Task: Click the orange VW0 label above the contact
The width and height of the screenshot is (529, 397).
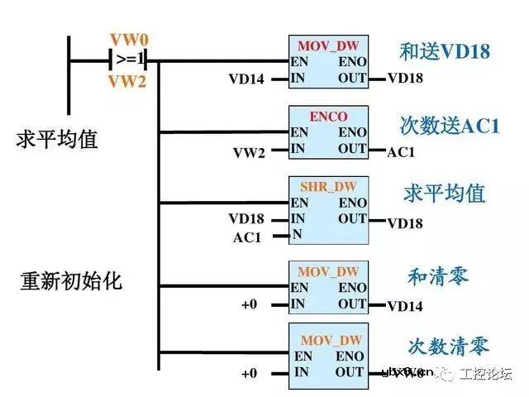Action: coord(128,40)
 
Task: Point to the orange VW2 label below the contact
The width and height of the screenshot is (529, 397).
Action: coord(128,81)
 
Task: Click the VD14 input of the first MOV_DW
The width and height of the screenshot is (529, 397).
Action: coord(246,79)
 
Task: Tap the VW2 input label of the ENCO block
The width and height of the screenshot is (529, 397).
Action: coord(248,151)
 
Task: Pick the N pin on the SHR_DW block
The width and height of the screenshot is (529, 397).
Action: coord(297,235)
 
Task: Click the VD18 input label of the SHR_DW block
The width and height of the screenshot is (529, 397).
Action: coord(246,219)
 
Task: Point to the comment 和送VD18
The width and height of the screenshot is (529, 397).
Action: coord(445,52)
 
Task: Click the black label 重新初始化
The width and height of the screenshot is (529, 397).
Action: coord(71,280)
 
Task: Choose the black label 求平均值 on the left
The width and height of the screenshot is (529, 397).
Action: coord(57,139)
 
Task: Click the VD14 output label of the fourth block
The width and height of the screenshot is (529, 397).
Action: coord(405,307)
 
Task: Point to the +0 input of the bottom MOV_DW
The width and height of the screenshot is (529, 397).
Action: coord(250,374)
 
